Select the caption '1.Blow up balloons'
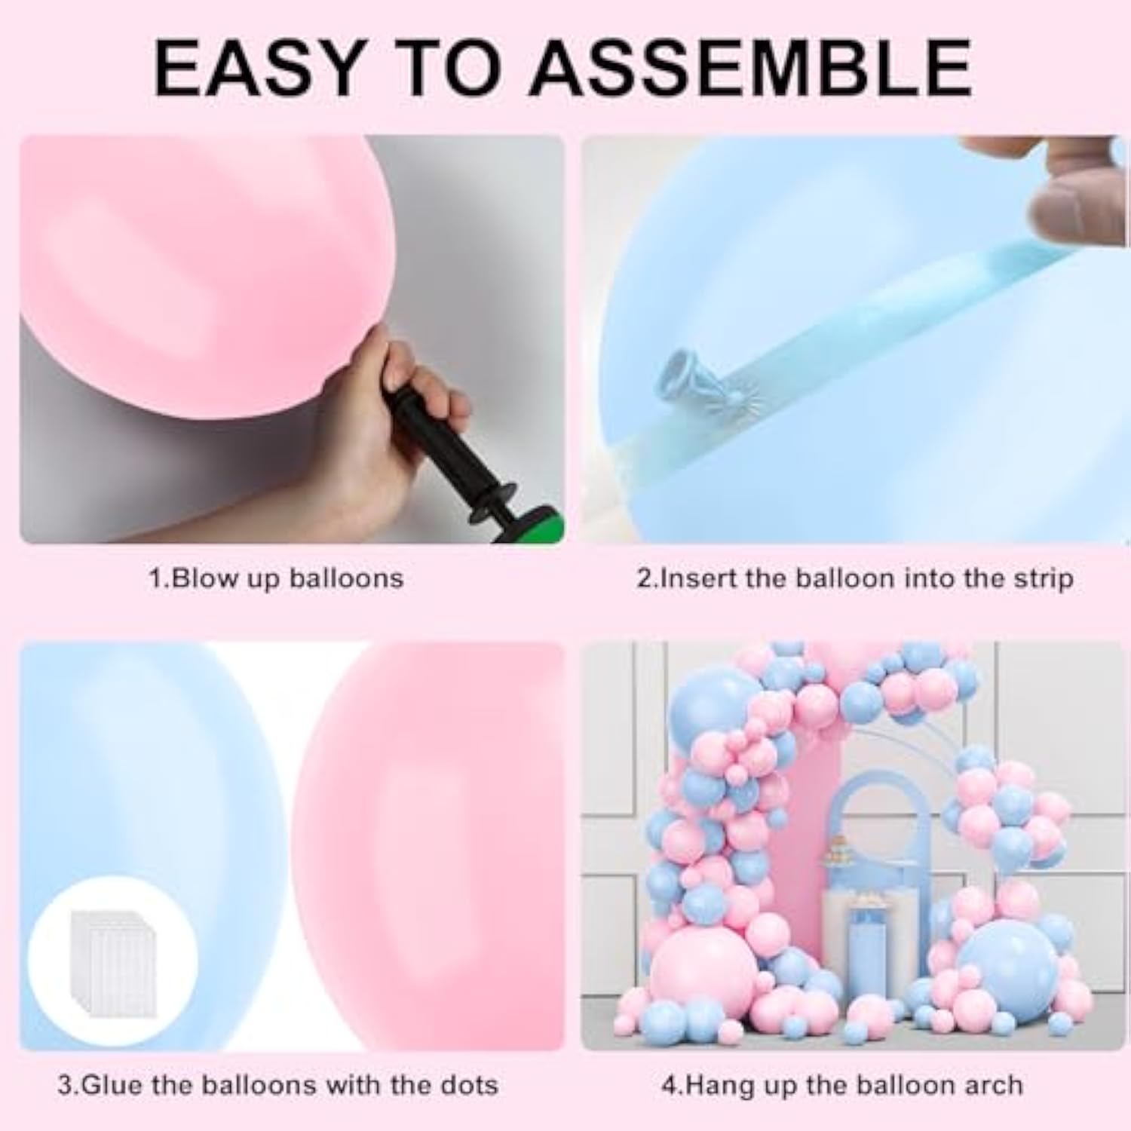275,579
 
